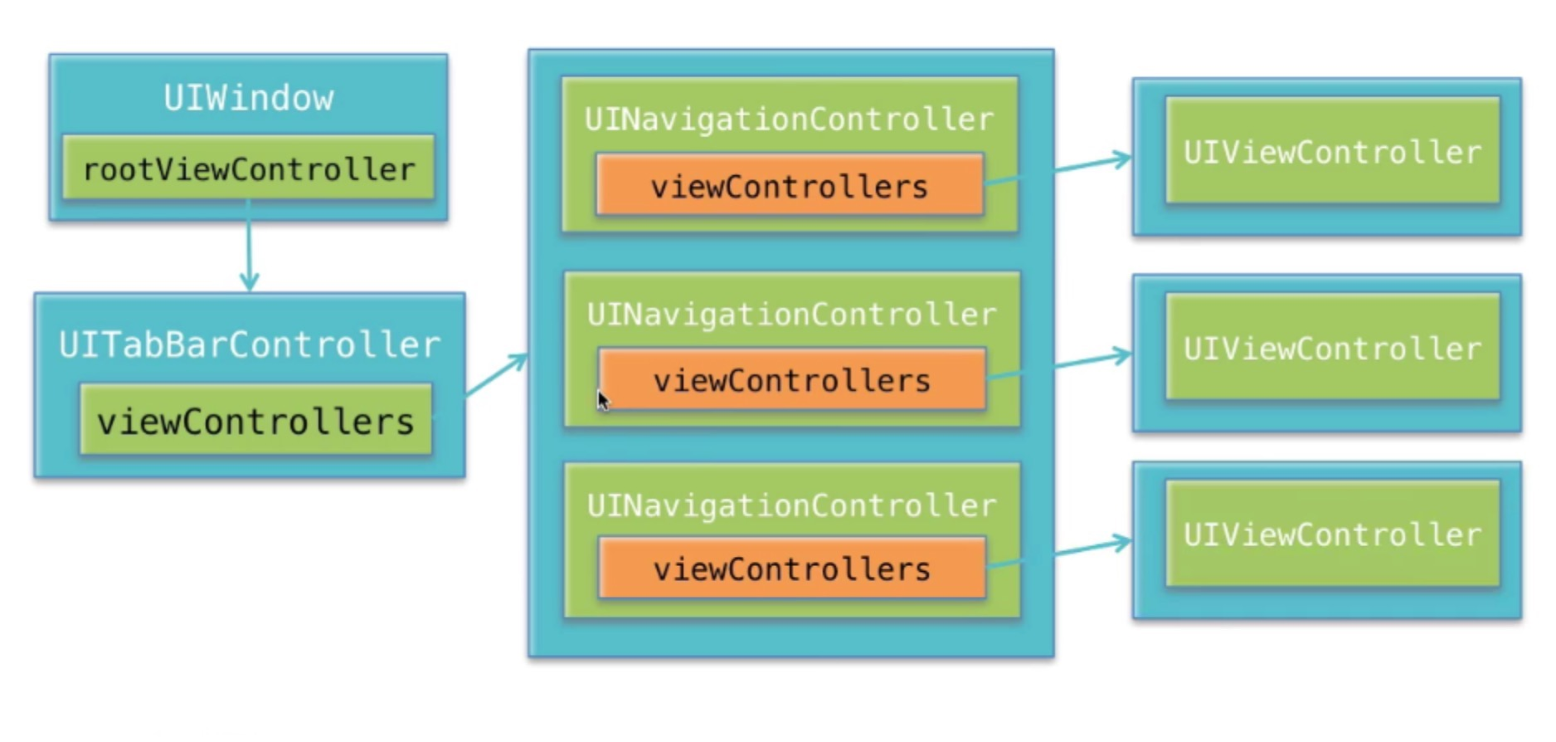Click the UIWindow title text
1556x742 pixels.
pyautogui.click(x=249, y=98)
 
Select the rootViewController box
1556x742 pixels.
pyautogui.click(x=248, y=168)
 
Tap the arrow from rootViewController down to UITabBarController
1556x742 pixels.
pyautogui.click(x=249, y=245)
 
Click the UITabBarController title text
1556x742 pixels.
pyautogui.click(x=249, y=344)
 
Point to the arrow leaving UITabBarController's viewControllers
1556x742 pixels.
pyautogui.click(x=496, y=375)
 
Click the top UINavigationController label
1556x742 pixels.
pyautogui.click(x=789, y=120)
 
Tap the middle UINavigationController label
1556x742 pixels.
pyautogui.click(x=791, y=315)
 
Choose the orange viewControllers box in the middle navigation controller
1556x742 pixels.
pyautogui.click(x=792, y=379)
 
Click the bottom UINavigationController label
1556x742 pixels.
pyautogui.click(x=791, y=505)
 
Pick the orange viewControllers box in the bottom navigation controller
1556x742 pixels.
pyautogui.click(x=792, y=568)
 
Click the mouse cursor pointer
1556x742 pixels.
pyautogui.click(x=603, y=401)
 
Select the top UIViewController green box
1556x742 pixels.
pyautogui.click(x=1333, y=150)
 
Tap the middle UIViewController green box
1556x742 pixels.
pyautogui.click(x=1333, y=346)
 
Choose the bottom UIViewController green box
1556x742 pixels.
pyautogui.click(x=1333, y=534)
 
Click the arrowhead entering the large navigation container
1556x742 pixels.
pyautogui.click(x=518, y=360)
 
